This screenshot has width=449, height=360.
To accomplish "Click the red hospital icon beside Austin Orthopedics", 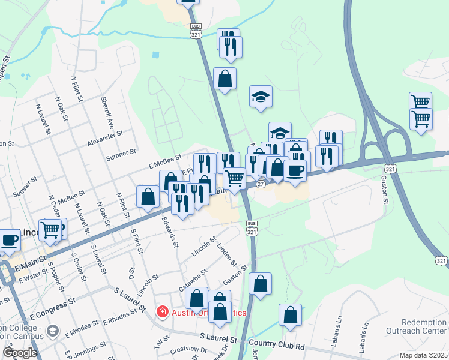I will point(161,311).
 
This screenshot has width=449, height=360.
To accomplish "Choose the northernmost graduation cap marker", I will point(261,96).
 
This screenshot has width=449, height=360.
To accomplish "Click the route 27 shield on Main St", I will point(261,185).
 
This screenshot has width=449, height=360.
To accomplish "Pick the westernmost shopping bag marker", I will point(148,197).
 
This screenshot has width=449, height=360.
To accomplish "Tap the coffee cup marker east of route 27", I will point(295,170).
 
